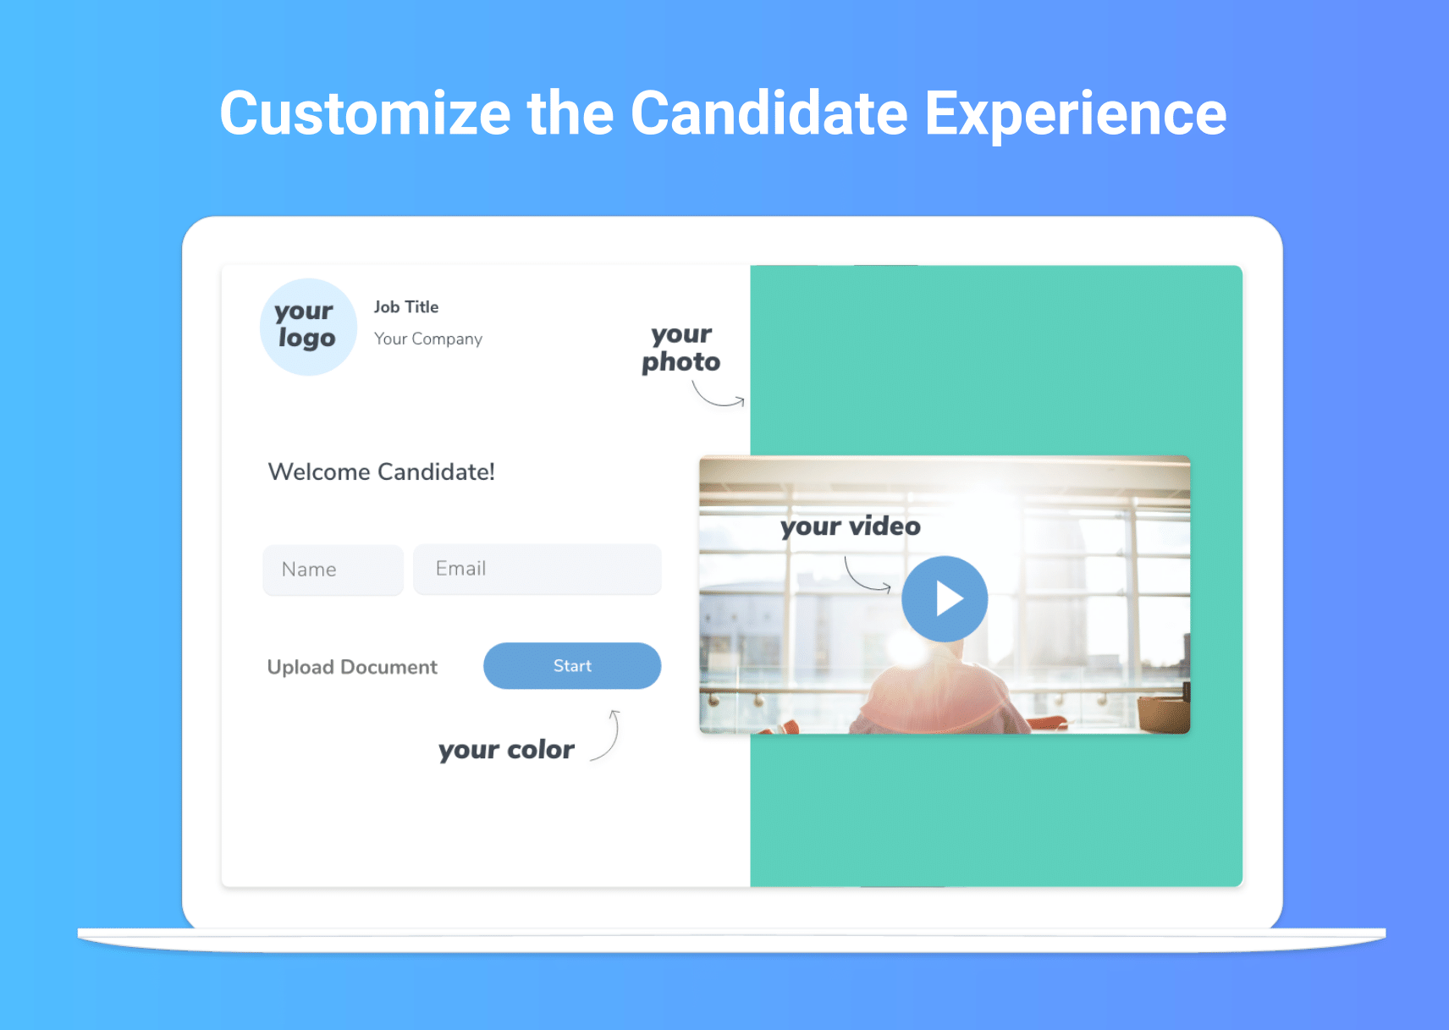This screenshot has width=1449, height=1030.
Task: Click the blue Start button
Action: tap(572, 666)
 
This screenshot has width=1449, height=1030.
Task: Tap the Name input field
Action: tap(333, 570)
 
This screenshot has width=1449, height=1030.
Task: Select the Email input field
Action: tap(537, 569)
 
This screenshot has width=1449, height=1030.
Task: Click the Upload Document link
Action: tap(352, 667)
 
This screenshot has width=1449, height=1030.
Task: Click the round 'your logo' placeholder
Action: tap(309, 327)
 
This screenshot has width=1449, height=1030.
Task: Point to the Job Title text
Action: tap(406, 306)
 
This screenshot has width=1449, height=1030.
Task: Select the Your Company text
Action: tap(428, 339)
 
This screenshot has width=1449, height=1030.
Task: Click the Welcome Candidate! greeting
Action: tap(382, 471)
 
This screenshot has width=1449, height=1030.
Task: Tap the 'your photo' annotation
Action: tap(681, 349)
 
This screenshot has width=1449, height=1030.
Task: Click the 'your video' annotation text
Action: tap(850, 526)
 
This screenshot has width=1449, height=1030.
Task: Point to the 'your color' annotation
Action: tap(506, 750)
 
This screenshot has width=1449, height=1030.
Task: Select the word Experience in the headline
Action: tap(1075, 114)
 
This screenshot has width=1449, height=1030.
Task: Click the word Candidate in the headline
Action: tap(769, 113)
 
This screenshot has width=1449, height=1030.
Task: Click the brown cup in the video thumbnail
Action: tap(1162, 713)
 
